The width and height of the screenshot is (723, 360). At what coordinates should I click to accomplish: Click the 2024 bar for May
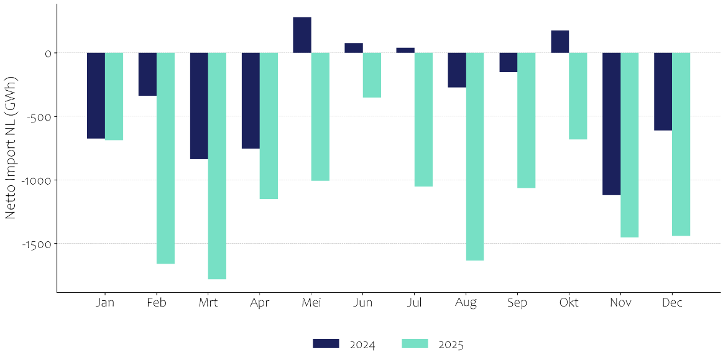[302, 35]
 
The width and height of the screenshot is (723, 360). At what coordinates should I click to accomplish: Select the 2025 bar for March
[217, 165]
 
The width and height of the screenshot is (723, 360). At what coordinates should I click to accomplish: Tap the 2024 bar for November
[612, 124]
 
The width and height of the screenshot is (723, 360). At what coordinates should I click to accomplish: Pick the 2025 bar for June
[372, 75]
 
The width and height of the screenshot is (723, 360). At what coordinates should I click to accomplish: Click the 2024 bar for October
[560, 42]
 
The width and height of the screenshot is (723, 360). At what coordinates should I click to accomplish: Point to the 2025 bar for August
[475, 156]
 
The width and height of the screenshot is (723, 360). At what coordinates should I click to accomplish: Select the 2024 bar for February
[147, 74]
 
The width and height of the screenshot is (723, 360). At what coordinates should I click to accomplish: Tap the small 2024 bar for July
[405, 50]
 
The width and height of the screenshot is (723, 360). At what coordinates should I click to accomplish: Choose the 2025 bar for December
[681, 144]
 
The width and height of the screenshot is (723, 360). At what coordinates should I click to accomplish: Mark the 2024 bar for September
[509, 62]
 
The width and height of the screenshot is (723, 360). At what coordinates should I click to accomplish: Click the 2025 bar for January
[114, 96]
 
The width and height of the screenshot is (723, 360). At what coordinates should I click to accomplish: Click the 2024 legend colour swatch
[326, 344]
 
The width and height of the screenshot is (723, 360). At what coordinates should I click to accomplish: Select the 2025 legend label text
[451, 344]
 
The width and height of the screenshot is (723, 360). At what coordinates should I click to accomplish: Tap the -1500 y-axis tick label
[37, 244]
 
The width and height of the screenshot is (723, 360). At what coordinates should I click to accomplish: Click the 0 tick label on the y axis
[47, 53]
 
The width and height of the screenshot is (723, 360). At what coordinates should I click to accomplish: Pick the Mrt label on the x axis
[208, 303]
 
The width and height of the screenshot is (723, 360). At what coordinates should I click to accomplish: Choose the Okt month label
[569, 303]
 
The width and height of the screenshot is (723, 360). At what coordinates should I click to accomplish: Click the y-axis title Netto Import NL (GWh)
[11, 147]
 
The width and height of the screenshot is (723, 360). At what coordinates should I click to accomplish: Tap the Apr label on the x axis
[260, 303]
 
